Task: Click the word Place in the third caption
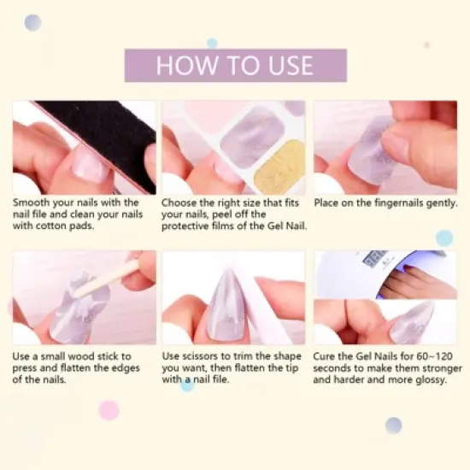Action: (329, 203)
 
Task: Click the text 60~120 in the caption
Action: (435, 355)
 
